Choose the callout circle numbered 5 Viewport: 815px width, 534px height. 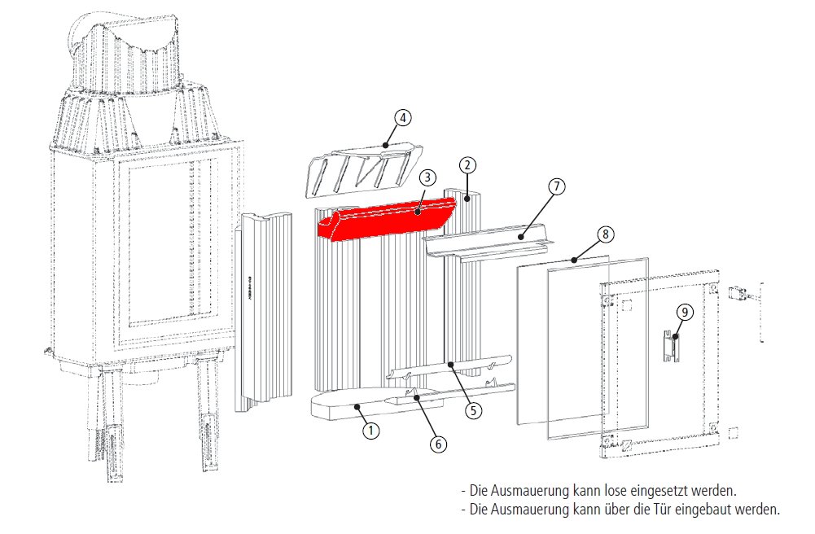(474, 409)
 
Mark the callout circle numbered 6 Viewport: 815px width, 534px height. (437, 444)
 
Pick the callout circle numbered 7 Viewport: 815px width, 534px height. (556, 186)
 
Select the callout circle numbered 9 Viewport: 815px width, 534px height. (685, 312)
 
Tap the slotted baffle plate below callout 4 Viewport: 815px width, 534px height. (358, 169)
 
